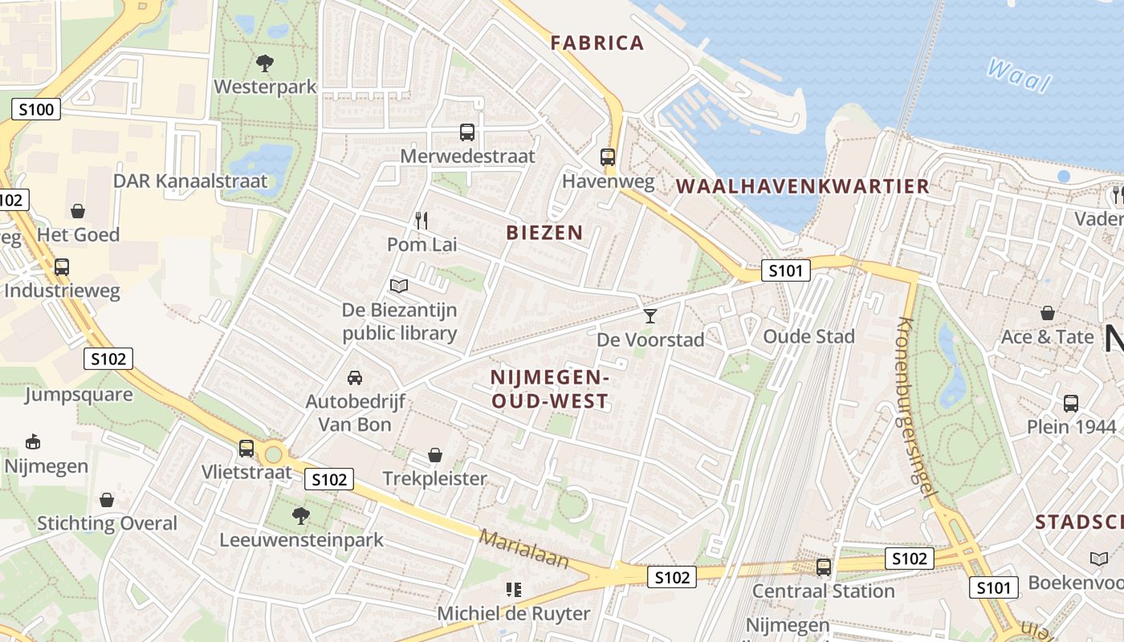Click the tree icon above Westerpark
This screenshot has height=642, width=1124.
(x=264, y=63)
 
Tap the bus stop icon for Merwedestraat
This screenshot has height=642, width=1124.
(x=466, y=132)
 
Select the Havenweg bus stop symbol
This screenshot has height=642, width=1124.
(x=608, y=157)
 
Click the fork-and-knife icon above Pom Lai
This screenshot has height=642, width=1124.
(x=421, y=220)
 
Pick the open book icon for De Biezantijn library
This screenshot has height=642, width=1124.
(x=399, y=286)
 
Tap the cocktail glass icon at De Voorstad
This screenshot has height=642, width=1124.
(x=650, y=316)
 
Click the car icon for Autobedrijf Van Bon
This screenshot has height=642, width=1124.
(x=354, y=377)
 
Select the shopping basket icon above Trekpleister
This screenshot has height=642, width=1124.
(x=434, y=456)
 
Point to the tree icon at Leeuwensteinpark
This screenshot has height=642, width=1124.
(x=301, y=515)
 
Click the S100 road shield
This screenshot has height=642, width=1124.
(x=36, y=109)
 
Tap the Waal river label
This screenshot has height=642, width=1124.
(x=1018, y=76)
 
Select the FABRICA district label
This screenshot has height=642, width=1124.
(x=597, y=43)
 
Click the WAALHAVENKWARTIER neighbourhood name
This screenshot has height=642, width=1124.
(x=802, y=186)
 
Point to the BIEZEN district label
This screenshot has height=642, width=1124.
(x=544, y=233)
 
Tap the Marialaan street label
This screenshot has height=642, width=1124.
(x=523, y=550)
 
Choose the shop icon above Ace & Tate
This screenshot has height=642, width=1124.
(x=1047, y=313)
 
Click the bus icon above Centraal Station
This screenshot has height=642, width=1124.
(x=823, y=567)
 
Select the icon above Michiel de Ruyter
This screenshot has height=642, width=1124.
(x=514, y=590)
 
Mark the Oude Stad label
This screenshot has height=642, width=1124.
(x=808, y=336)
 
